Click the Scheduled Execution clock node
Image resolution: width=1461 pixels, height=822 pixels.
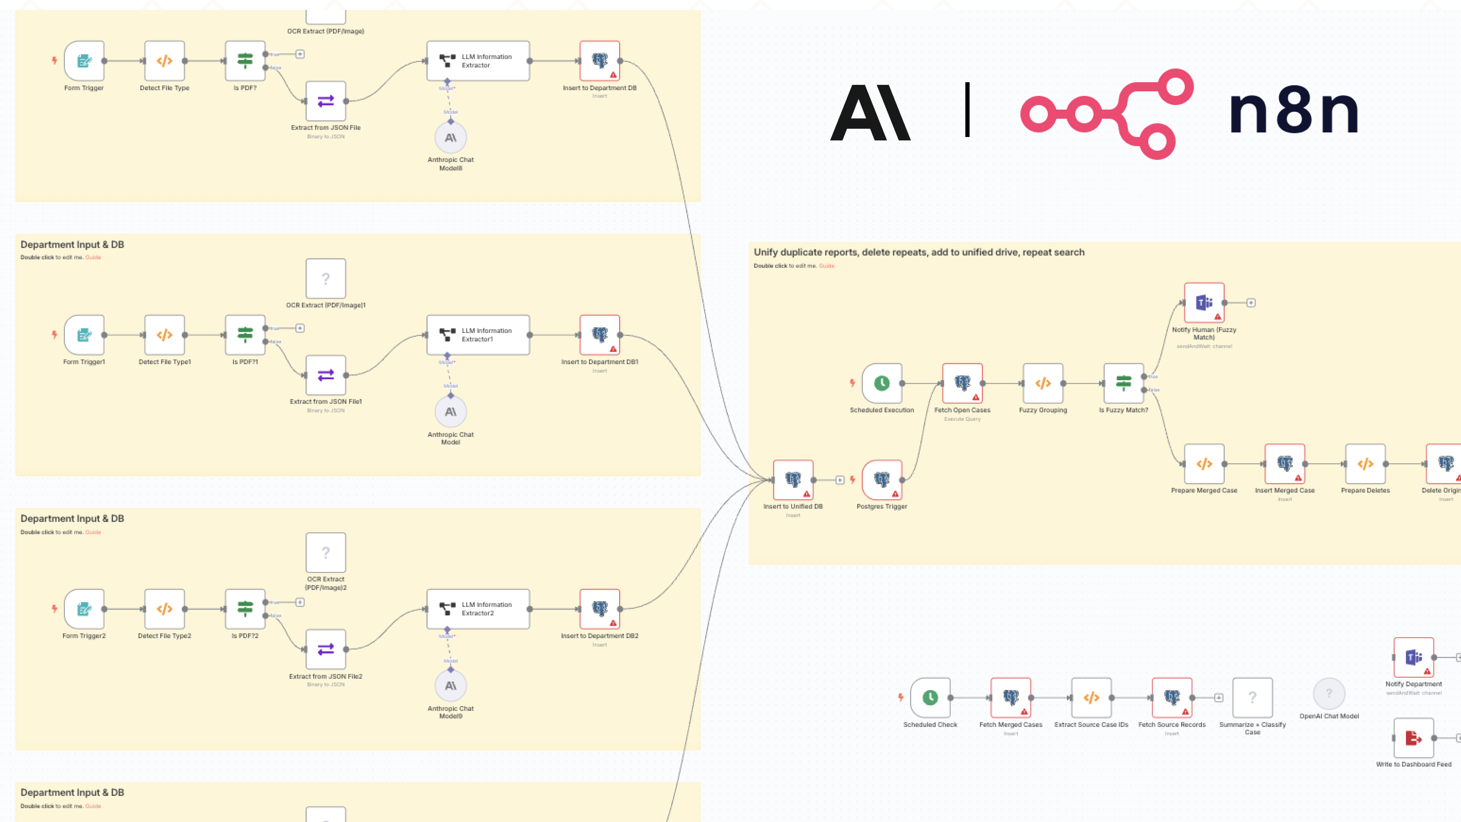click(882, 384)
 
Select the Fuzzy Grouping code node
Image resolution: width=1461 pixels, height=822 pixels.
click(1042, 384)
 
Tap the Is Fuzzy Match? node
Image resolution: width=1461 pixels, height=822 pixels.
click(1123, 384)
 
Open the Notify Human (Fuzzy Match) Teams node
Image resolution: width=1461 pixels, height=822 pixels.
click(1203, 303)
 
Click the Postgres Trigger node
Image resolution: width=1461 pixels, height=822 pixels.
click(882, 480)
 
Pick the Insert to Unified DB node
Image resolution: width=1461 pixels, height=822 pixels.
click(793, 480)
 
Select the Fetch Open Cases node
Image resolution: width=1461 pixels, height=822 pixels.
click(962, 384)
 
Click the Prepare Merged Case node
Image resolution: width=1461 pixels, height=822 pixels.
click(1203, 464)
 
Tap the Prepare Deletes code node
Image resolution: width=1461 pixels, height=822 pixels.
click(1365, 464)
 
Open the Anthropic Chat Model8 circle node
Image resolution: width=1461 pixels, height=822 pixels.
click(450, 138)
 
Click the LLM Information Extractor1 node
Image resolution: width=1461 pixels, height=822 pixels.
click(477, 335)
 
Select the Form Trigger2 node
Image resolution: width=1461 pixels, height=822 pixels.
click(84, 609)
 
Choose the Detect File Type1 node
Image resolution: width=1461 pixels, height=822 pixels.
click(164, 335)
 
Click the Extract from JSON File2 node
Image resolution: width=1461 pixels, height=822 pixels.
click(326, 649)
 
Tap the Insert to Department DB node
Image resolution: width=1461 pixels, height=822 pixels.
click(600, 61)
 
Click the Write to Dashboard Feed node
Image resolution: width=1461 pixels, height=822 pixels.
click(1413, 738)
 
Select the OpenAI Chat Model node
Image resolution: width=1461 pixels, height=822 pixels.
click(1329, 694)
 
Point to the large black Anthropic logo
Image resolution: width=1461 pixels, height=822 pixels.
click(870, 112)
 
